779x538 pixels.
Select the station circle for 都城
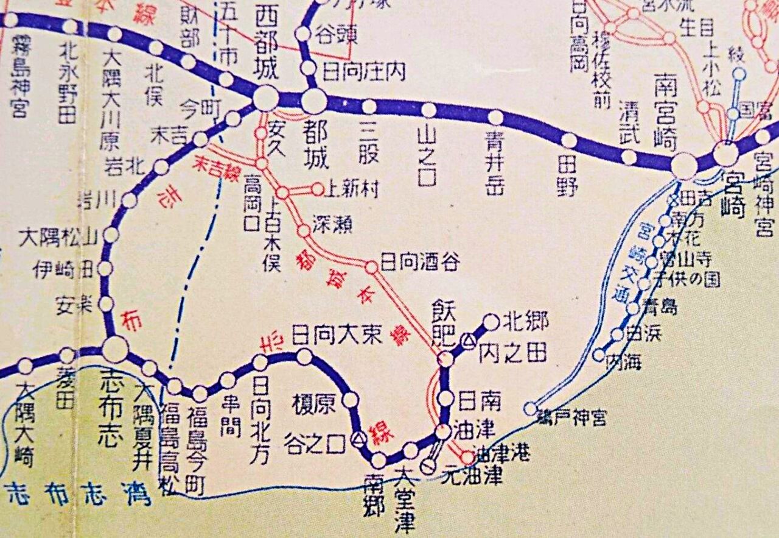click(313, 101)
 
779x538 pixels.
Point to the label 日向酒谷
click(420, 263)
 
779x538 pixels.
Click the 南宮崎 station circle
click(685, 165)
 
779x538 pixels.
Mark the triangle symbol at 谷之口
click(359, 437)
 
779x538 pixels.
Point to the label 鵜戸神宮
click(570, 419)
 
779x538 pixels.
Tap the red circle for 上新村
click(317, 189)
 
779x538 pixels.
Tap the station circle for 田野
click(569, 141)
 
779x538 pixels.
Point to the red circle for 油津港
click(467, 457)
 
